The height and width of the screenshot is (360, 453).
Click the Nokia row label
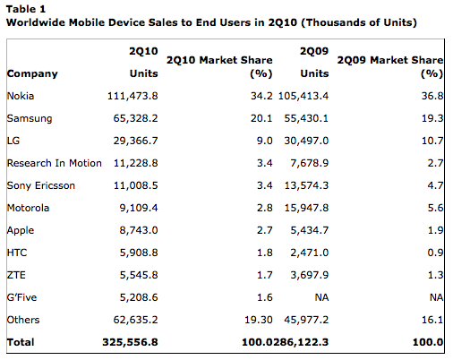click(x=21, y=96)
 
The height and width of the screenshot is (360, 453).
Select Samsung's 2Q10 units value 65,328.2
click(x=135, y=118)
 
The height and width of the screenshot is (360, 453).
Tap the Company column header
click(x=32, y=73)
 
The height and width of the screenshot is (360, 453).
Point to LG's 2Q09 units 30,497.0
click(x=306, y=141)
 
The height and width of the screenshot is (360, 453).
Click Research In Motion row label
click(x=55, y=163)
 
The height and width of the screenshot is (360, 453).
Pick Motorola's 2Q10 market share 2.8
click(x=265, y=208)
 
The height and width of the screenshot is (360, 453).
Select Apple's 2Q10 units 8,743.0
click(x=139, y=230)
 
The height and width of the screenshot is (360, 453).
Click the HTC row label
click(x=17, y=253)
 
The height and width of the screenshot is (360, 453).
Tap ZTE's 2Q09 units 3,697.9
click(x=310, y=275)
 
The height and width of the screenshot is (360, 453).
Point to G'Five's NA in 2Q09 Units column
click(x=321, y=297)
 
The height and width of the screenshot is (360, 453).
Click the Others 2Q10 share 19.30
click(x=259, y=320)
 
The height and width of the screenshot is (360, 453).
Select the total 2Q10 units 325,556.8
click(x=130, y=342)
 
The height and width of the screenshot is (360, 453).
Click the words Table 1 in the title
click(x=26, y=9)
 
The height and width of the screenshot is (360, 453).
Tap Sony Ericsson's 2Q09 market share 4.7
click(x=435, y=185)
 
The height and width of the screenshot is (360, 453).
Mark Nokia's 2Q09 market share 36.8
click(x=432, y=96)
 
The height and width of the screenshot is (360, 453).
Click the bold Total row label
click(x=21, y=342)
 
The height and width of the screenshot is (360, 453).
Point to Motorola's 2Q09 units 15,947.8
click(x=306, y=208)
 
